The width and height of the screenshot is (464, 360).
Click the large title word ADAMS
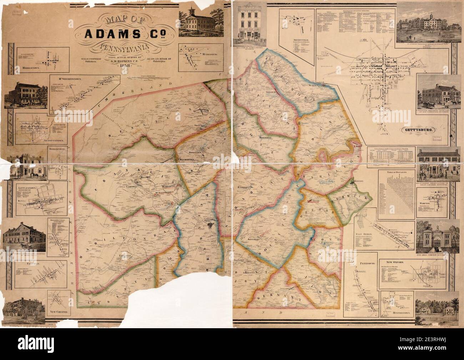click(113, 34)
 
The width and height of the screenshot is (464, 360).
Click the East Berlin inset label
click(364, 233)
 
